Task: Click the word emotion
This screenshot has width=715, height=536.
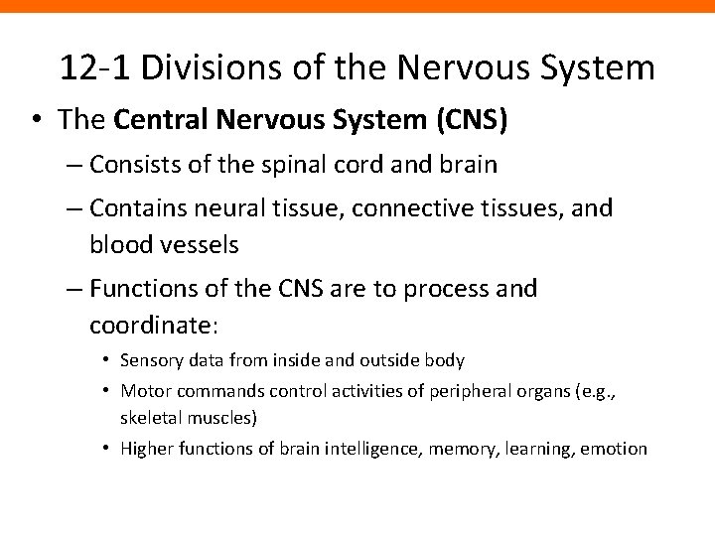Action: [x=614, y=449]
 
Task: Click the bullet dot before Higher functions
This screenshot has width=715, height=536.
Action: [x=106, y=449]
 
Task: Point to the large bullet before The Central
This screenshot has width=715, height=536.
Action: [x=36, y=121]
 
